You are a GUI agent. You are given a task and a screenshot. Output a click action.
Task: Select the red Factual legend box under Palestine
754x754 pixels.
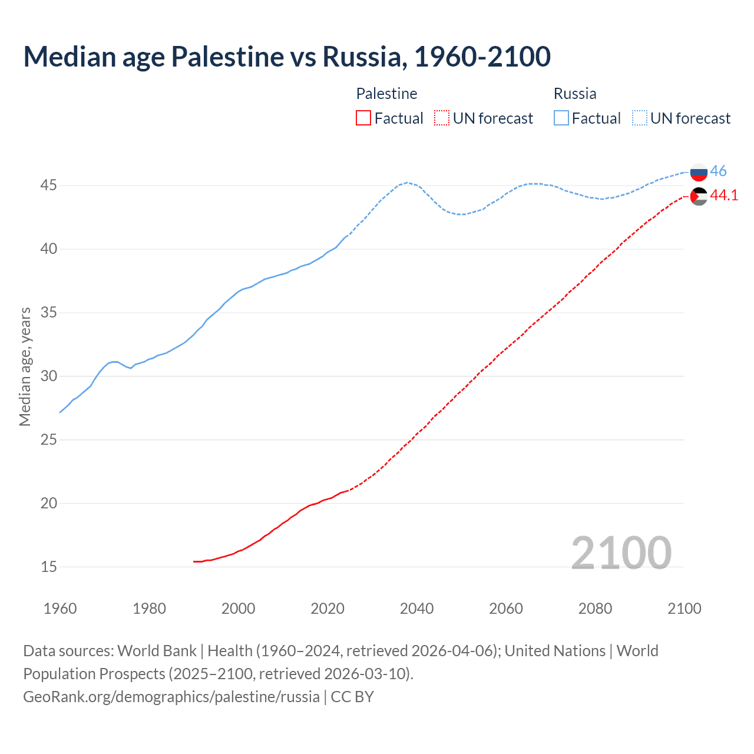(x=363, y=118)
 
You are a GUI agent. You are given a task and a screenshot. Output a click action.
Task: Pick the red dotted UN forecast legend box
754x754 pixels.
(x=442, y=118)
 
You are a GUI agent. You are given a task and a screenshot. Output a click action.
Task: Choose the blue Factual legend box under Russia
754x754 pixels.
(x=561, y=118)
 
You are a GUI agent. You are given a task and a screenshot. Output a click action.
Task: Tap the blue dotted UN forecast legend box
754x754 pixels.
(x=640, y=118)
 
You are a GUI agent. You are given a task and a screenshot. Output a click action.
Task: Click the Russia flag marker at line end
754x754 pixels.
(x=699, y=172)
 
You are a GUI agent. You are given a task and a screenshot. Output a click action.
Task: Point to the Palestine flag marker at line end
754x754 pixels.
(x=699, y=196)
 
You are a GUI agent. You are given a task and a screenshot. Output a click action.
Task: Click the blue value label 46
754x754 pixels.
(x=718, y=171)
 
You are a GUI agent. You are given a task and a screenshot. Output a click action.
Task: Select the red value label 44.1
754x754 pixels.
(x=724, y=195)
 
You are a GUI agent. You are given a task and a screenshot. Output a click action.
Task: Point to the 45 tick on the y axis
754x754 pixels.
(x=49, y=186)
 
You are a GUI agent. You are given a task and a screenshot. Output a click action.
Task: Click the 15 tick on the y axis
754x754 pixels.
(x=49, y=567)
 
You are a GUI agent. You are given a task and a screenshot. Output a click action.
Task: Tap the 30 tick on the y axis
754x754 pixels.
(x=49, y=376)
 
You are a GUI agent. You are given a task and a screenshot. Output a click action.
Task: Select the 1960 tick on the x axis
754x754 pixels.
(x=60, y=609)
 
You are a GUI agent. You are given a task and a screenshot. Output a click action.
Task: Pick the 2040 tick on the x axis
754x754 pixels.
(x=416, y=609)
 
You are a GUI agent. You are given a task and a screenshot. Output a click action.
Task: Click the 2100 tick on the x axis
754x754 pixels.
(x=684, y=609)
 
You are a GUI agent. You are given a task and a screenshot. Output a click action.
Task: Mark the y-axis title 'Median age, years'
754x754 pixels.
(x=25, y=366)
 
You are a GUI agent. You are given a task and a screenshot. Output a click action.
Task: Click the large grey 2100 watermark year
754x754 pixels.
(x=621, y=553)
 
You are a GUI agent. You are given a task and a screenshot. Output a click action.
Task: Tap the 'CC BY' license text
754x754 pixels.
(x=352, y=697)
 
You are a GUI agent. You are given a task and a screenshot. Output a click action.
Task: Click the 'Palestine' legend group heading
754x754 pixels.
(x=386, y=94)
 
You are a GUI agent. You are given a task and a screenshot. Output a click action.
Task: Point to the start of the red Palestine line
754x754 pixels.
(x=194, y=561)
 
